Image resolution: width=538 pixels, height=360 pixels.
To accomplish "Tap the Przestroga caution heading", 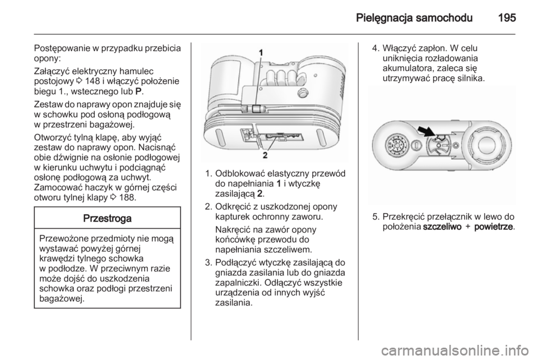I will coord(106,217).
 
